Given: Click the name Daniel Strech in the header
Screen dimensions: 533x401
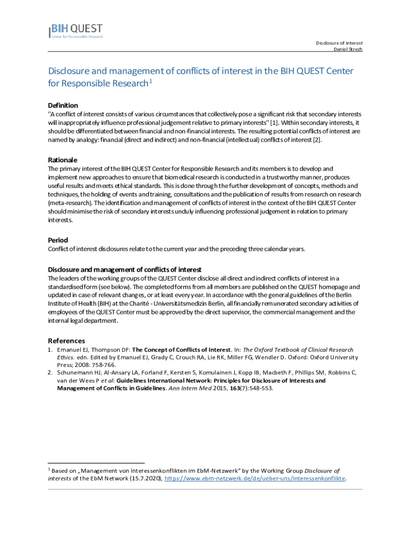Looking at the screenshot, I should tap(348, 49).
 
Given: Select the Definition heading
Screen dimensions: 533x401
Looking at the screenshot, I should tap(63, 105).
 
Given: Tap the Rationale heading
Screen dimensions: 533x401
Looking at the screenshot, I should tap(62, 160).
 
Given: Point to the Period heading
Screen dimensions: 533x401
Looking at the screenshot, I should tap(58, 240).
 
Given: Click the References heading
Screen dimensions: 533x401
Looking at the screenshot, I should tap(66, 340).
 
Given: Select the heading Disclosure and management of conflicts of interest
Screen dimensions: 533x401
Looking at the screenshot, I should tap(124, 269).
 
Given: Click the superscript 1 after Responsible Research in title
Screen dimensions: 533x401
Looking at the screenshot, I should tap(151, 81).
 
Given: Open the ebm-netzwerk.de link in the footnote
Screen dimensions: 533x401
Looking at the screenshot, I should tap(256, 478).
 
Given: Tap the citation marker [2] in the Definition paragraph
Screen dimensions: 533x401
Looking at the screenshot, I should tap(317, 139).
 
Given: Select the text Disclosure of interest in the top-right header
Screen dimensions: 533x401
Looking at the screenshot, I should tap(339, 43).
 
